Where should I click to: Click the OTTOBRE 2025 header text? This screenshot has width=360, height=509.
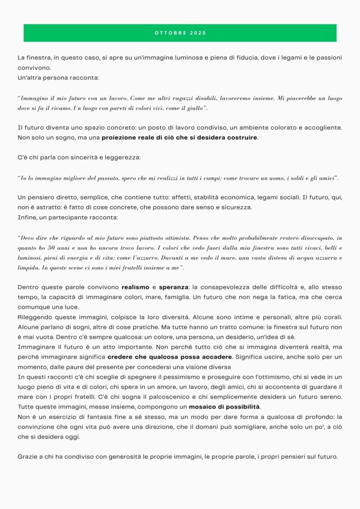click(180, 33)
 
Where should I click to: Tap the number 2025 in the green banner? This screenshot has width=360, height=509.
click(198, 33)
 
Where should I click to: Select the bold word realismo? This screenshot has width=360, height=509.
click(136, 287)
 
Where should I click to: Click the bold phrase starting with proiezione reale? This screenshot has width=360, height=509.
click(180, 137)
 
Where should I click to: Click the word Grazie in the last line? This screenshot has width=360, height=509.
click(27, 456)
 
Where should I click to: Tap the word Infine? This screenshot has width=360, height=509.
click(27, 217)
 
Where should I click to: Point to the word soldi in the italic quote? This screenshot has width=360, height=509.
click(285, 177)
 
